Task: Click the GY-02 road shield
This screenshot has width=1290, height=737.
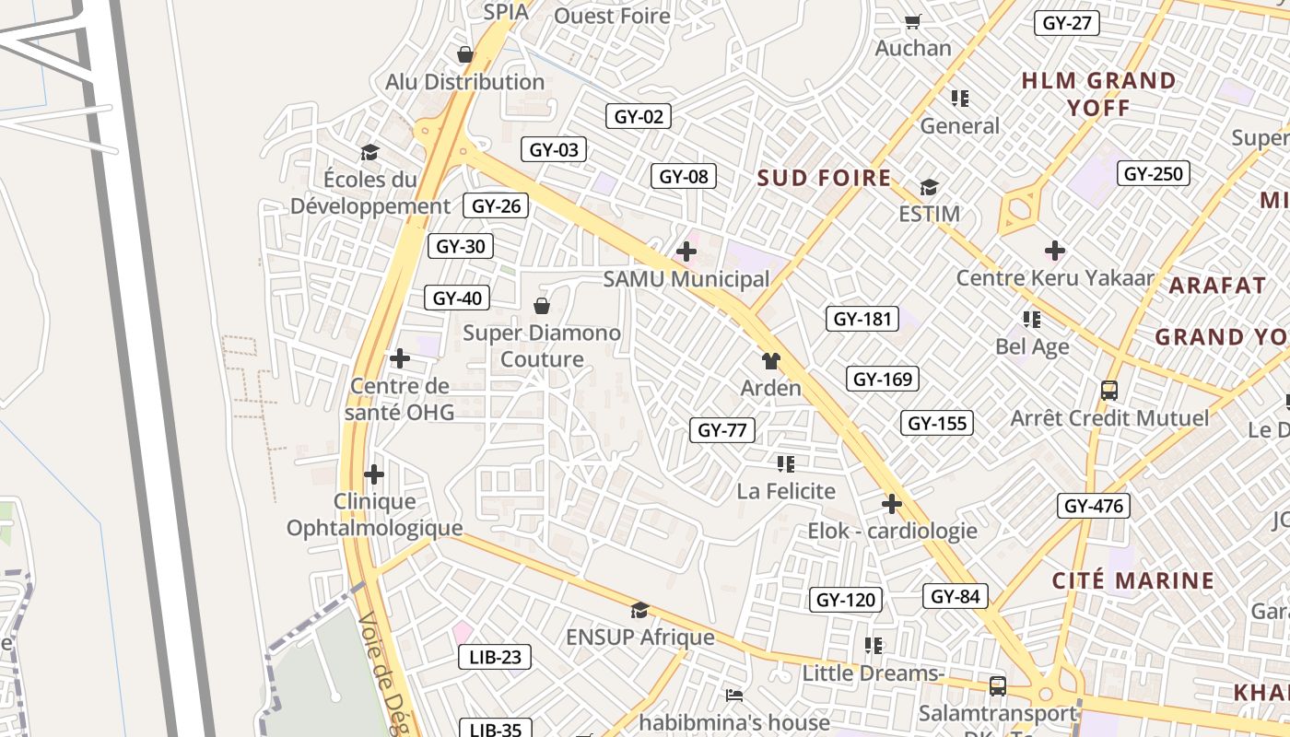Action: coord(638,117)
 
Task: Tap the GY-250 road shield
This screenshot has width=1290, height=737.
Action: coord(1154,173)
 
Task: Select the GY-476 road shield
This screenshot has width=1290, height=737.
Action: coord(1093,506)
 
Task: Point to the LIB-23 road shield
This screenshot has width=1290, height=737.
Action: coord(495,657)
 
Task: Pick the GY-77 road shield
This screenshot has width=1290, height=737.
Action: coord(722,429)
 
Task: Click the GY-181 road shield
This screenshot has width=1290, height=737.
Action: coord(862,320)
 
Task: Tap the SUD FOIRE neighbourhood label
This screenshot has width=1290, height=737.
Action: coord(824,178)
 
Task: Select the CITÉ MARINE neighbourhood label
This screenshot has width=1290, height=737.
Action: coord(1133,580)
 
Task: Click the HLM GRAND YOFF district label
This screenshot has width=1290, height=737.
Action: coord(1098,94)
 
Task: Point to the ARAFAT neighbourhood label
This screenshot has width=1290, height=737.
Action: coord(1217,286)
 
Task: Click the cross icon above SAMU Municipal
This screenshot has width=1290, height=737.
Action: coord(686,251)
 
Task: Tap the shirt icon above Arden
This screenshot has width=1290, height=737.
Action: coord(770,360)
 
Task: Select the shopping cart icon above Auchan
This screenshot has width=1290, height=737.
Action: coord(912,21)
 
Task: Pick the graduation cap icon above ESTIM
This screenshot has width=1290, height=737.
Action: coord(929,188)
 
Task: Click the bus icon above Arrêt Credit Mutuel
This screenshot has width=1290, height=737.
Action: coord(1109,391)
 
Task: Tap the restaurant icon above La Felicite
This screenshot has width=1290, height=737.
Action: coord(785,463)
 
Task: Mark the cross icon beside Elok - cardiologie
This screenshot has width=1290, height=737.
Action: coord(891,504)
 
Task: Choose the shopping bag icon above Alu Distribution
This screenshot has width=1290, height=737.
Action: coord(465,54)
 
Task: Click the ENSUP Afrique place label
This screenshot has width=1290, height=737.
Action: coord(639,638)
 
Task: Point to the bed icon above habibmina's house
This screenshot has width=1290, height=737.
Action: coord(733,695)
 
